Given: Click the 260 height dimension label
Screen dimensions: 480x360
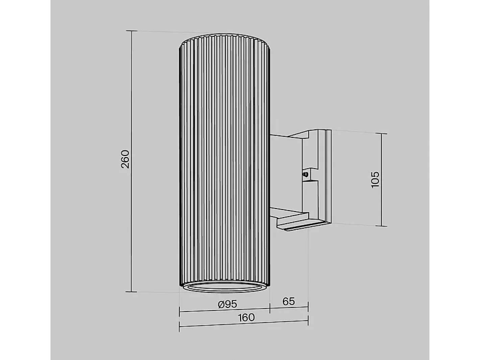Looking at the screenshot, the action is tap(125, 159).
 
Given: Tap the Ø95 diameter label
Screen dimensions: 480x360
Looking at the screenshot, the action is tap(227, 304).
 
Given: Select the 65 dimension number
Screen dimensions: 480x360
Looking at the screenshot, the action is tap(288, 302).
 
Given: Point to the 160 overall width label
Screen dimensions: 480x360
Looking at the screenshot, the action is tap(246, 317).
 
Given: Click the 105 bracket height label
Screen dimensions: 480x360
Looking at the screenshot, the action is tap(376, 180).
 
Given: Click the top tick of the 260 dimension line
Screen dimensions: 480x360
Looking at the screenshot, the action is tap(131, 31).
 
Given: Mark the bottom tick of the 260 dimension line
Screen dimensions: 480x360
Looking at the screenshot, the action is tap(131, 291).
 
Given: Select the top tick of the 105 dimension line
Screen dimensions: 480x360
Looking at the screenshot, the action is tap(382, 134).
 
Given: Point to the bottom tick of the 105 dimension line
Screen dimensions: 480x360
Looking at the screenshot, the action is tap(382, 226).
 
